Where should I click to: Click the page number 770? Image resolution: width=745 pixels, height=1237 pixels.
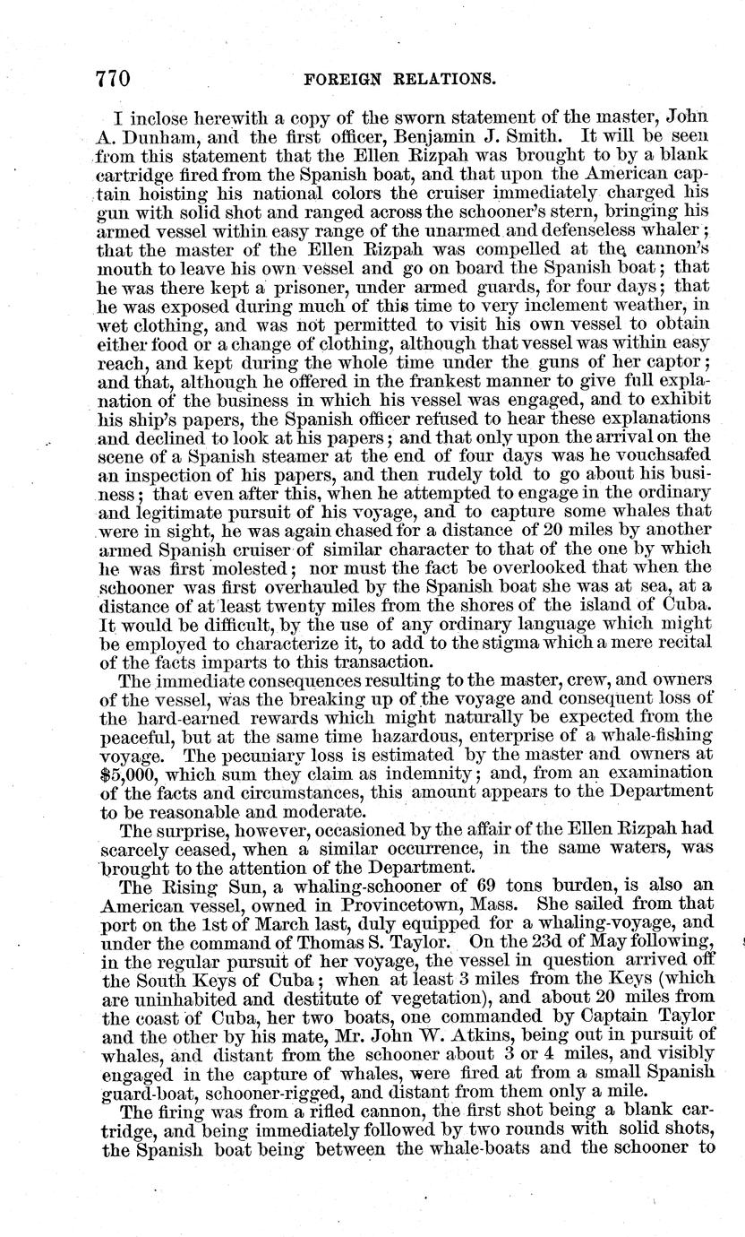[114, 79]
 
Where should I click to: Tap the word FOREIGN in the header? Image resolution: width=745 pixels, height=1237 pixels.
[345, 79]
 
